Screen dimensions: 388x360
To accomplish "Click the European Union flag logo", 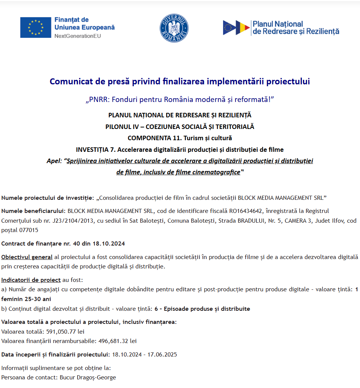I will (36, 27).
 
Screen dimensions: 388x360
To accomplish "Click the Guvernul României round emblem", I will (174, 28).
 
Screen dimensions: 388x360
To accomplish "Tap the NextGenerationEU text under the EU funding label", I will (78, 36).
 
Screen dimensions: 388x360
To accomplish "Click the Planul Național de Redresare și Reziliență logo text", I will (296, 28).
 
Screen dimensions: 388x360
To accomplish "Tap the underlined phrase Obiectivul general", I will (27, 257).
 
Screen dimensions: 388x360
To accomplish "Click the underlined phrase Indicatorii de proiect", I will (31, 280).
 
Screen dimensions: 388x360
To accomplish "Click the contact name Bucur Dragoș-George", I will (88, 378).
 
